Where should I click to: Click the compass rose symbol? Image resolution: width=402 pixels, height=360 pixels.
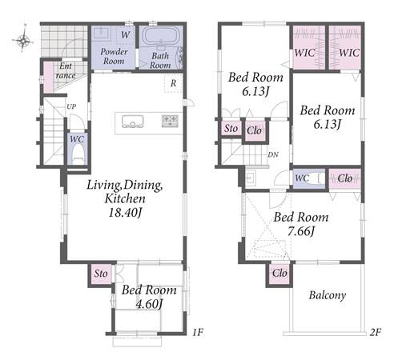click(23, 39)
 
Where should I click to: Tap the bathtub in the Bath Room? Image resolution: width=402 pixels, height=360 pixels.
click(159, 37)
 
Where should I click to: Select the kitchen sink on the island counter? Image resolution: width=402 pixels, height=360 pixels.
click(133, 122)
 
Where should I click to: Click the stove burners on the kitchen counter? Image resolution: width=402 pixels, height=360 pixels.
click(170, 121)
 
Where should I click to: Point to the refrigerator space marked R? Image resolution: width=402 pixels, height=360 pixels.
click(173, 83)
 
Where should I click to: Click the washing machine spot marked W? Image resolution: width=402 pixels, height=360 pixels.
click(125, 35)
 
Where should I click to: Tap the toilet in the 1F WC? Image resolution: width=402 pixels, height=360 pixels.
click(77, 155)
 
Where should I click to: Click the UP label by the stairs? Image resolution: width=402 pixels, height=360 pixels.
click(71, 106)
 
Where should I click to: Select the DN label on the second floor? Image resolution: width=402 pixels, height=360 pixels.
click(273, 154)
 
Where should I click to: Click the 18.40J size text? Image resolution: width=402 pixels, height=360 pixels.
click(125, 213)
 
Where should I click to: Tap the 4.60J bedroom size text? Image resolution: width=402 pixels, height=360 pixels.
click(149, 304)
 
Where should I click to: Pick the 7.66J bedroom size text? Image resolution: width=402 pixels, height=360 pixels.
click(300, 231)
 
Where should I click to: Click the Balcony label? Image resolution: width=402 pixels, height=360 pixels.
click(328, 295)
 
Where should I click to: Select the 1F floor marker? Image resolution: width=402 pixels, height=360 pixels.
click(198, 332)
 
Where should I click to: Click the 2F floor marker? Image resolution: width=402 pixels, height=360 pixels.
click(376, 332)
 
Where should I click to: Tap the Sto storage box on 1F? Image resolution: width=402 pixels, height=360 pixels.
click(101, 274)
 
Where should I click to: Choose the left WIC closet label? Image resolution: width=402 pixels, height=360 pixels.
click(304, 53)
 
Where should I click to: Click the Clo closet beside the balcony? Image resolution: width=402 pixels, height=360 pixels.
click(279, 273)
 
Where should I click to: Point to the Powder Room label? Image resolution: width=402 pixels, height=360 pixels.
click(114, 56)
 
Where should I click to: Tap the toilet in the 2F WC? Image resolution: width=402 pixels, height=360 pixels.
click(317, 178)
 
